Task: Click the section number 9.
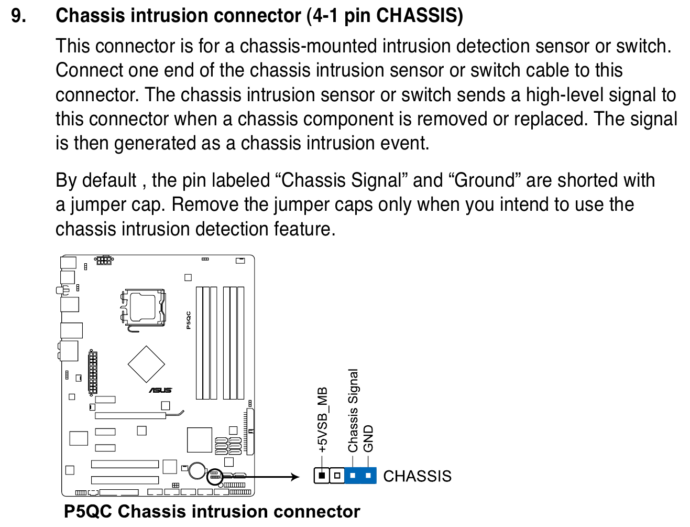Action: [x=18, y=15]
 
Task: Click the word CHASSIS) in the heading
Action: [x=419, y=16]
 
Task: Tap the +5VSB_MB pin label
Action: [x=322, y=420]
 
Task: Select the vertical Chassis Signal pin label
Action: [x=353, y=410]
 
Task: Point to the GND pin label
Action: [x=368, y=438]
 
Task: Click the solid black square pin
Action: [x=322, y=475]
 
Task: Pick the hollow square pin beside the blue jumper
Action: [x=337, y=475]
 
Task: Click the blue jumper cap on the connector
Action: [x=360, y=475]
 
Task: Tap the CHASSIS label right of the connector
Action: [x=417, y=476]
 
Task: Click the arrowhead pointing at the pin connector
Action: [x=295, y=477]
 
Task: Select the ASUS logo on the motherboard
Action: [x=161, y=390]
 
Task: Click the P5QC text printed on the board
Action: [x=188, y=320]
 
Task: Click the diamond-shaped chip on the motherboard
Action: [x=146, y=364]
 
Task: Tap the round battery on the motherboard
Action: [x=198, y=470]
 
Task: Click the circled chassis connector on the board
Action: [x=215, y=476]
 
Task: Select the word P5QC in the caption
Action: [x=87, y=511]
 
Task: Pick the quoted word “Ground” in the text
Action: [x=485, y=180]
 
